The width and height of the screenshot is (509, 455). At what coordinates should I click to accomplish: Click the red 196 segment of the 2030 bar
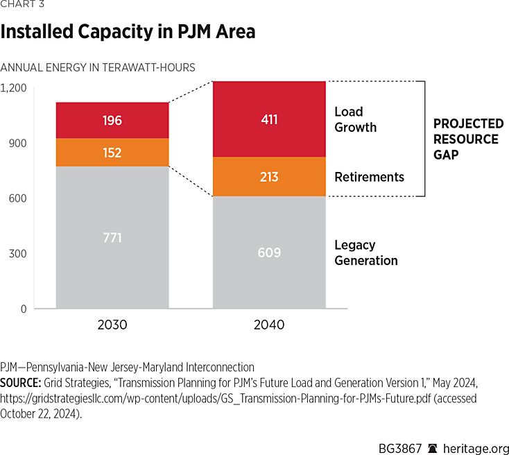tap(112, 120)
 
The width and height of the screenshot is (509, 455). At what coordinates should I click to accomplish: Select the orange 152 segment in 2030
tap(112, 153)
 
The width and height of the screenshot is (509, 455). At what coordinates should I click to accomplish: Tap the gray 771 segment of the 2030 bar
tap(112, 238)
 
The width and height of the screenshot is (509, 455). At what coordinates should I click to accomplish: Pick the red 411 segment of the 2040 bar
tap(269, 119)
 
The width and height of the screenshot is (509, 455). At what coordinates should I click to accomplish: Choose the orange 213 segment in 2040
tap(269, 177)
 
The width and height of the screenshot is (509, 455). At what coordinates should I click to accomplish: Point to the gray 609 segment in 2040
tap(269, 252)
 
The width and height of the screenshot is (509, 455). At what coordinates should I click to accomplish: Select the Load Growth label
tap(355, 119)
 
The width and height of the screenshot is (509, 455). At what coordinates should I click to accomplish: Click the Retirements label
tap(369, 177)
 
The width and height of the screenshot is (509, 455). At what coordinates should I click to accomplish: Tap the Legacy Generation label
tap(365, 252)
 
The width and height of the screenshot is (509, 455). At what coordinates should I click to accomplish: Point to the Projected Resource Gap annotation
tap(468, 139)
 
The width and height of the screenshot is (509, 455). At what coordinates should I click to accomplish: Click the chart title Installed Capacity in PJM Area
tap(128, 31)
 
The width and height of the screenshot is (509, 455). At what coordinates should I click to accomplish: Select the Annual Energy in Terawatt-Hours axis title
tap(98, 67)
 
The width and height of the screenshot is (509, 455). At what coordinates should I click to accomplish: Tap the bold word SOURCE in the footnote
tap(21, 383)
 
